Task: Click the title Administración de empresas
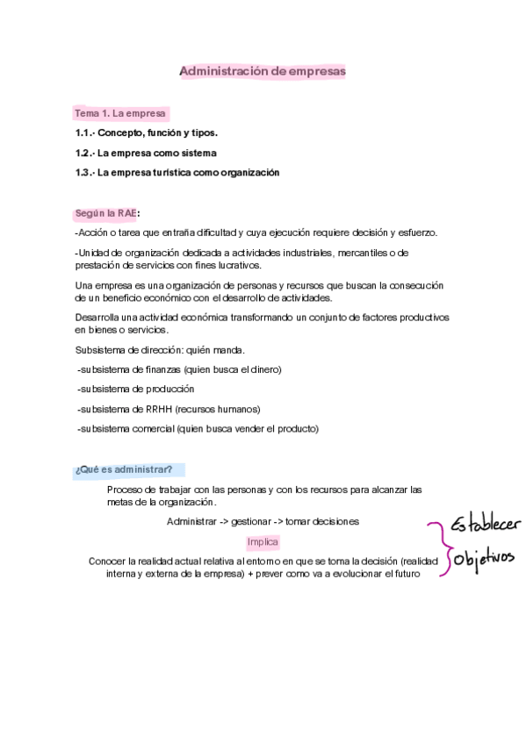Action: point(263,70)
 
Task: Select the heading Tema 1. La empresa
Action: point(120,114)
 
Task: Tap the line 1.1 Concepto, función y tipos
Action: point(147,133)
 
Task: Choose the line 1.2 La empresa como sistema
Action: point(146,153)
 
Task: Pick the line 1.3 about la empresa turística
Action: point(177,173)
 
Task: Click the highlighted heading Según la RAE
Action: point(106,213)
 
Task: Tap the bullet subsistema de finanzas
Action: point(180,369)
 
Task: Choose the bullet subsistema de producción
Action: point(136,389)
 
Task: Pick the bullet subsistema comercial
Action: point(198,429)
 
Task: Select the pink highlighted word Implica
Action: point(263,541)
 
